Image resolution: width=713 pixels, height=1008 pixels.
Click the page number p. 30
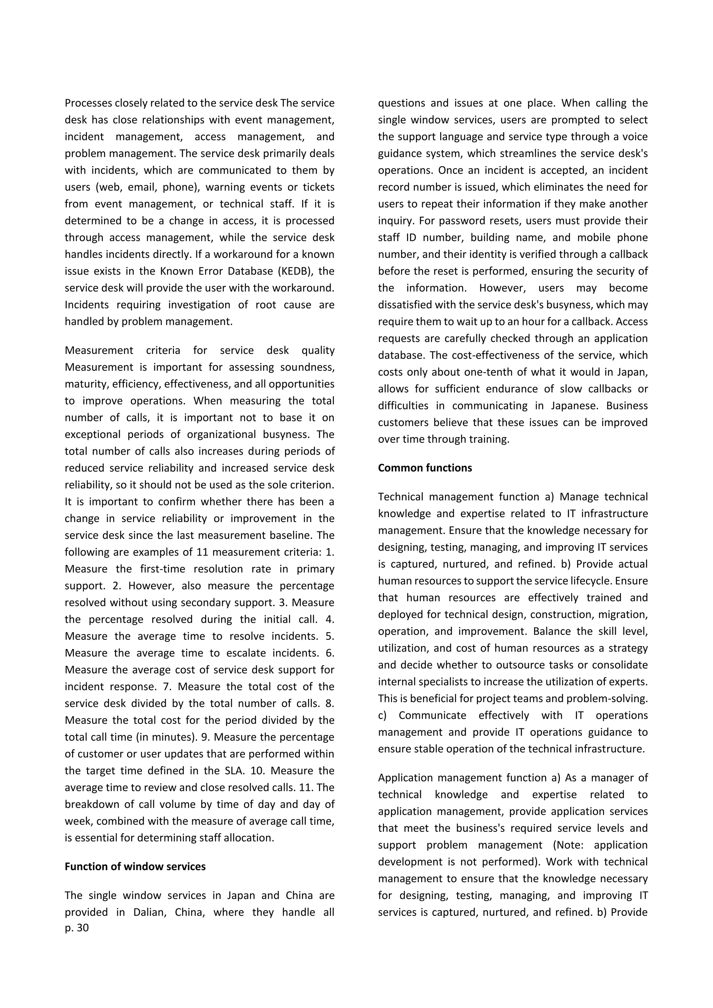[77, 928]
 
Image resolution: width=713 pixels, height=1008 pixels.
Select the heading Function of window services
[135, 866]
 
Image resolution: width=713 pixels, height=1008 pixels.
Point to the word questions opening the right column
[401, 103]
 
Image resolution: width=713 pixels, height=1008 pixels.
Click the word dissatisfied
[406, 305]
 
